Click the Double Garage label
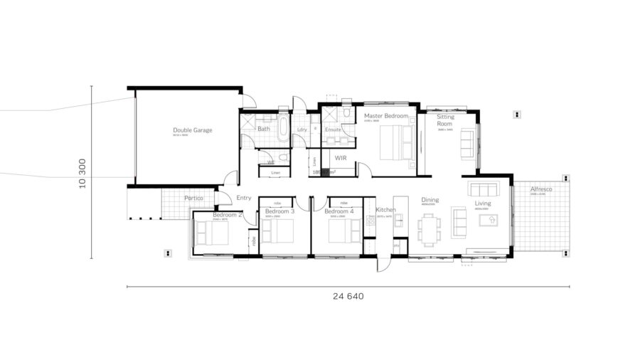pyautogui.click(x=193, y=130)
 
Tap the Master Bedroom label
pyautogui.click(x=386, y=115)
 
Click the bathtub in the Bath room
pyautogui.click(x=284, y=129)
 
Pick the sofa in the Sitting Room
pyautogui.click(x=468, y=144)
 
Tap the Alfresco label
pyautogui.click(x=542, y=189)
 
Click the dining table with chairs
pyautogui.click(x=429, y=229)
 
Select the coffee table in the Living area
pyautogui.click(x=491, y=221)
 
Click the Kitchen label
pyautogui.click(x=385, y=210)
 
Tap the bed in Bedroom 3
pyautogui.click(x=278, y=231)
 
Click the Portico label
pyautogui.click(x=195, y=198)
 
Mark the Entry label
pyautogui.click(x=244, y=198)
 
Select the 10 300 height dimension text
pyautogui.click(x=83, y=173)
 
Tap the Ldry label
pyautogui.click(x=302, y=129)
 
